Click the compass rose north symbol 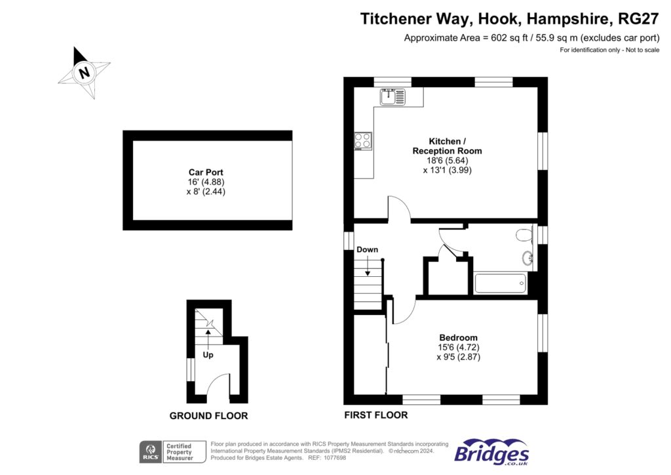coord(84,72)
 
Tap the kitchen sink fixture coord(392,96)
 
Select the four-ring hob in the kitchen coord(362,141)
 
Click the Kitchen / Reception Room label coord(448,146)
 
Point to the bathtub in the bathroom coord(499,283)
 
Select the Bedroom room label coord(458,338)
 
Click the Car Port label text coord(206,173)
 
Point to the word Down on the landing coord(367,250)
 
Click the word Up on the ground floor coord(208,355)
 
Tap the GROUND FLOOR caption coord(208,415)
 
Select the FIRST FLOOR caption coord(375,415)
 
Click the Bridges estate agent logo coord(491,453)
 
